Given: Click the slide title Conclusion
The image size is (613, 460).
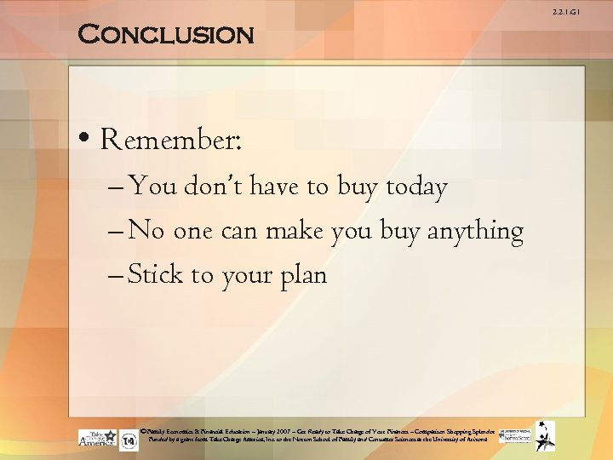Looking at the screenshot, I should click(x=166, y=35).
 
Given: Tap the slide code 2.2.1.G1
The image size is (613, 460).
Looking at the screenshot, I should click(x=591, y=12).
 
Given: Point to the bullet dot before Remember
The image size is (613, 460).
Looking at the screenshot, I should click(x=86, y=140).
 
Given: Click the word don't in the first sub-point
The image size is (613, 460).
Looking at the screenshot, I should click(x=206, y=187).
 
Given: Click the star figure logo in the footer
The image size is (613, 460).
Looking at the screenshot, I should click(x=545, y=435).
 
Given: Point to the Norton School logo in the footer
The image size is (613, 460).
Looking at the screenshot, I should click(x=514, y=436).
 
